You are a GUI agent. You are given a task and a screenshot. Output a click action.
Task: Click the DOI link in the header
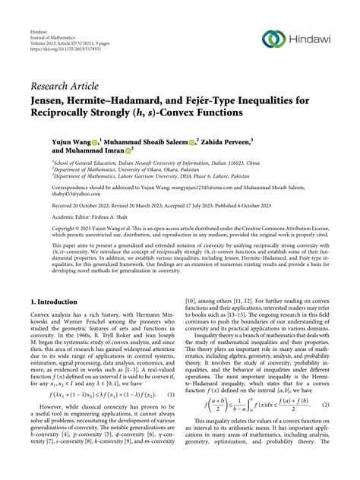coord(60,49)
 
